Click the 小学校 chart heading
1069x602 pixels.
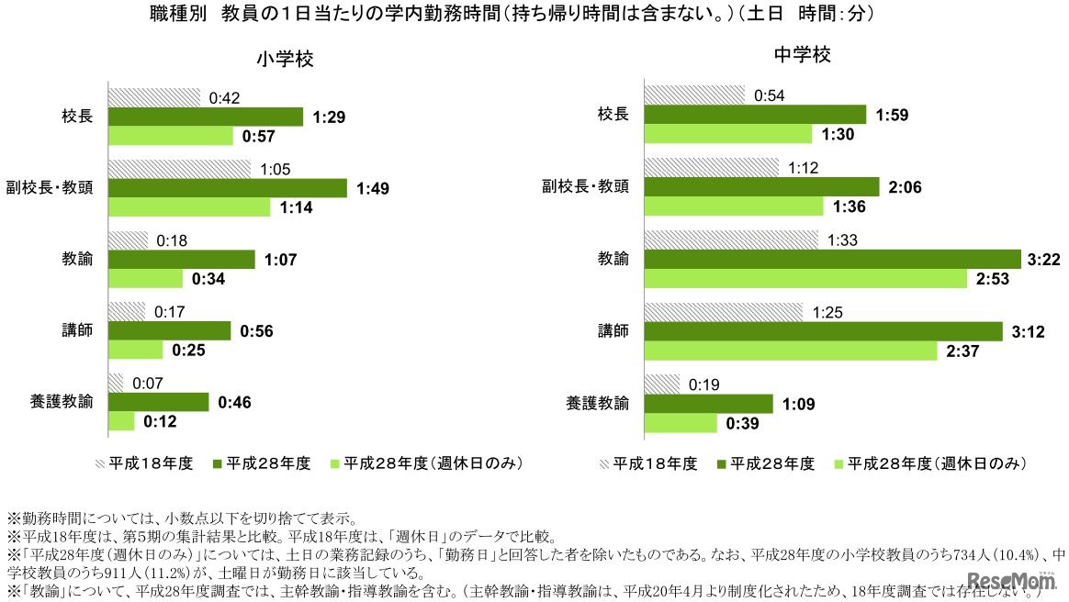[x=286, y=61]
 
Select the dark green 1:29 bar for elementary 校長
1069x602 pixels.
[x=205, y=117]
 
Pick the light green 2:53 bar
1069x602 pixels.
[x=805, y=278]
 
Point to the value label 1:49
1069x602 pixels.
[x=375, y=188]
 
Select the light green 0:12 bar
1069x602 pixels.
[x=121, y=421]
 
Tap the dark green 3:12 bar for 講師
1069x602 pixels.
[x=823, y=330]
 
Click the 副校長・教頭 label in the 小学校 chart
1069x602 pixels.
[x=59, y=188]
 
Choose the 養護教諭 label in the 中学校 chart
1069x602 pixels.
[x=598, y=403]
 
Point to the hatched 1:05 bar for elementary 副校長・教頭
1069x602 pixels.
[x=179, y=169]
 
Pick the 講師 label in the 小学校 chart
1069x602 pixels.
[x=77, y=330]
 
